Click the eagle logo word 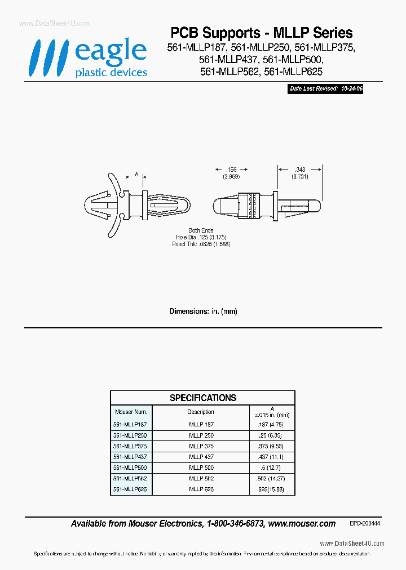tap(111, 52)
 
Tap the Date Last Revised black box tap(325, 89)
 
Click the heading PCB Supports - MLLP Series tap(262, 33)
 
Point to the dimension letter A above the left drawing tap(136, 175)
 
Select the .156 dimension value tap(231, 169)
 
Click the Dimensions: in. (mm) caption tap(204, 311)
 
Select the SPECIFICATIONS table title tap(203, 398)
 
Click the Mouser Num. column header tap(131, 412)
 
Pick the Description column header tap(201, 412)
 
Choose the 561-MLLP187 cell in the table tap(130, 424)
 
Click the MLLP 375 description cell tap(201, 446)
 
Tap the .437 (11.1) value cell tap(272, 457)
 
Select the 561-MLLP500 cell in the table tap(130, 468)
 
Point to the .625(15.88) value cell tap(272, 489)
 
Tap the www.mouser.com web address tap(302, 524)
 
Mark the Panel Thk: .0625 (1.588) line tap(201, 244)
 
